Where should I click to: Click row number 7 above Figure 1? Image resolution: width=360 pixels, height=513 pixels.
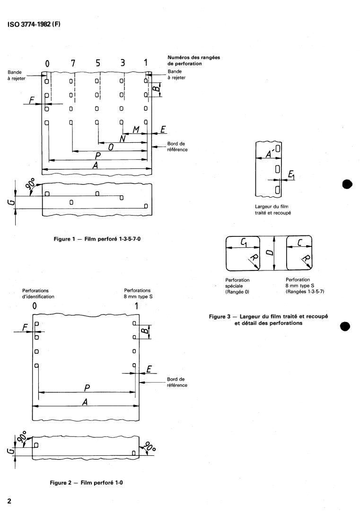tap(72, 63)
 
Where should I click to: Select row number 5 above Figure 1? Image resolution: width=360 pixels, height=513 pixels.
tap(97, 63)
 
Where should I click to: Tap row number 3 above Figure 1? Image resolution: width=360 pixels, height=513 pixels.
tap(123, 63)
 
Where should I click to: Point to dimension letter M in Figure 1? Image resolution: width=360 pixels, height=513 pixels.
tap(135, 129)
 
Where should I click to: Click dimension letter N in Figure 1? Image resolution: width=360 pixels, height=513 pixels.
tap(123, 139)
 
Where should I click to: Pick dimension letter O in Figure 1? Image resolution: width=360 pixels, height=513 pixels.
tap(110, 148)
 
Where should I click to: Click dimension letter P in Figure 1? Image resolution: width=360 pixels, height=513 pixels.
tap(97, 157)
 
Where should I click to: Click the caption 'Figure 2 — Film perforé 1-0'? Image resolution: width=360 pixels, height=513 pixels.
tap(88, 483)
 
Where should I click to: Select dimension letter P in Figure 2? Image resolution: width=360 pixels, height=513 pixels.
tap(87, 388)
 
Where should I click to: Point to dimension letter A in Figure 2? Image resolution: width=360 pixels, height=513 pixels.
tap(85, 401)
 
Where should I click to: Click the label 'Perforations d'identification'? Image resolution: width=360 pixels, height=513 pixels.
tap(38, 293)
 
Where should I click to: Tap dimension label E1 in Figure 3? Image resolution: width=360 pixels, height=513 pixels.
tap(291, 176)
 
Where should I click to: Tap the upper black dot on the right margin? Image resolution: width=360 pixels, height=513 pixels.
tap(348, 184)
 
